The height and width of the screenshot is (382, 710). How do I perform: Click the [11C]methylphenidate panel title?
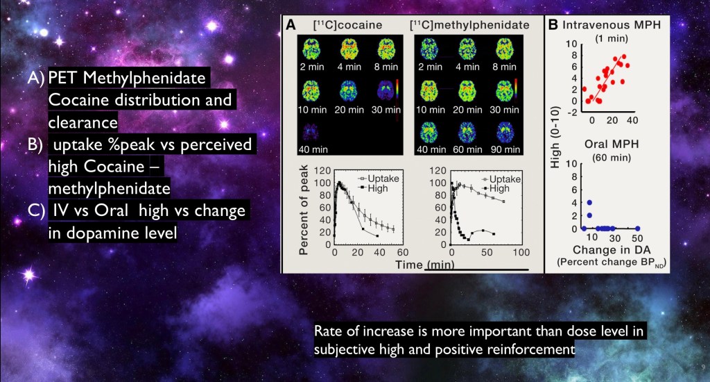(469, 25)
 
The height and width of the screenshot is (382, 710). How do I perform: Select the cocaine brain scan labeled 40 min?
(310, 131)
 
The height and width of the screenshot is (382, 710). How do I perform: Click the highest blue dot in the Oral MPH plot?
(589, 203)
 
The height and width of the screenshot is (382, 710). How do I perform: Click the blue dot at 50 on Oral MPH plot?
(638, 229)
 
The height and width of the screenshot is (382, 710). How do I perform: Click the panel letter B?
(554, 25)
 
